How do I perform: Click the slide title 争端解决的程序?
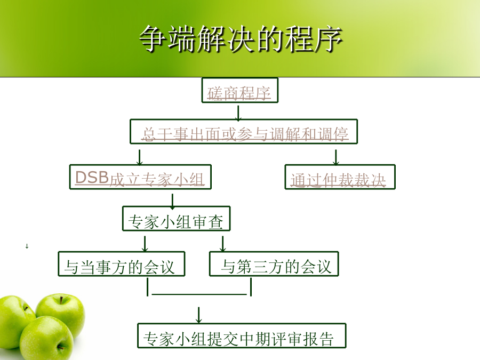click(x=241, y=39)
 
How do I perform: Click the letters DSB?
click(x=92, y=177)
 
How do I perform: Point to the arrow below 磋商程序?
click(x=238, y=113)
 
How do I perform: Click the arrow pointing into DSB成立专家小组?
click(x=140, y=158)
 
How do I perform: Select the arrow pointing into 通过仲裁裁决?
click(x=336, y=158)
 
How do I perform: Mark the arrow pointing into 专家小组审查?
click(x=173, y=202)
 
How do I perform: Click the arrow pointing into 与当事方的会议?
click(x=145, y=244)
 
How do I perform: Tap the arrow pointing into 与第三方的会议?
click(x=223, y=244)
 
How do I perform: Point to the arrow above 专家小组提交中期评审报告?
click(x=199, y=315)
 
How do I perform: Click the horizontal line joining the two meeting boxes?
click(x=199, y=294)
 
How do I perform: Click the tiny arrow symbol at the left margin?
click(x=27, y=246)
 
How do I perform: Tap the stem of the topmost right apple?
click(x=61, y=299)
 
